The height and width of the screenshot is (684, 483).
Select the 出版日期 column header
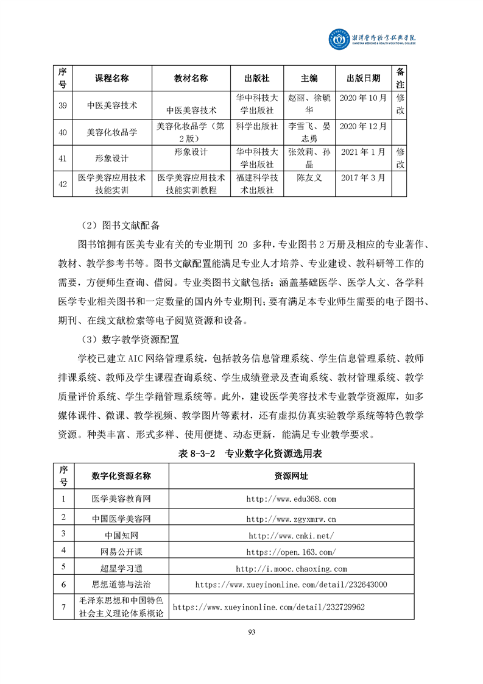[363, 78]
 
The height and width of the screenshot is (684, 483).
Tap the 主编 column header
[309, 78]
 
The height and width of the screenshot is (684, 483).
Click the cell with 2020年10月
[363, 98]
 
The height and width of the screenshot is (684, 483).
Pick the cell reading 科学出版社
[256, 126]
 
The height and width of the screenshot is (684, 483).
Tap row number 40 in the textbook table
[62, 132]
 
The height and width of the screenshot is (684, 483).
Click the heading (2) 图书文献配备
[119, 226]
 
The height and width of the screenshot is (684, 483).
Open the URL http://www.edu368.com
[291, 499]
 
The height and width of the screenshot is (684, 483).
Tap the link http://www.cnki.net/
[291, 535]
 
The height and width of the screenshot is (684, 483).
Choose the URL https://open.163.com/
[291, 552]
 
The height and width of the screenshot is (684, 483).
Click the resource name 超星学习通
[121, 568]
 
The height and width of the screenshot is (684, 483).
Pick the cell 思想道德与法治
[121, 585]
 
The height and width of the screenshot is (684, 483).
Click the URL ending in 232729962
[269, 607]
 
